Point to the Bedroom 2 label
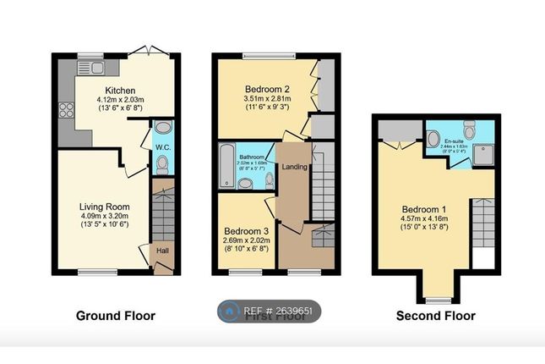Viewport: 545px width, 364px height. pyautogui.click(x=268, y=89)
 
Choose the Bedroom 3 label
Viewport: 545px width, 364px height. pyautogui.click(x=246, y=230)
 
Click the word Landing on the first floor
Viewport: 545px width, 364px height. pyautogui.click(x=295, y=166)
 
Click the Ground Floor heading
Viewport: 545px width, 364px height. pyautogui.click(x=116, y=316)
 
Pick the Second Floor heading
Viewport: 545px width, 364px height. pyautogui.click(x=436, y=316)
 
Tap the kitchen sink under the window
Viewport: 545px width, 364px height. pyautogui.click(x=90, y=67)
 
